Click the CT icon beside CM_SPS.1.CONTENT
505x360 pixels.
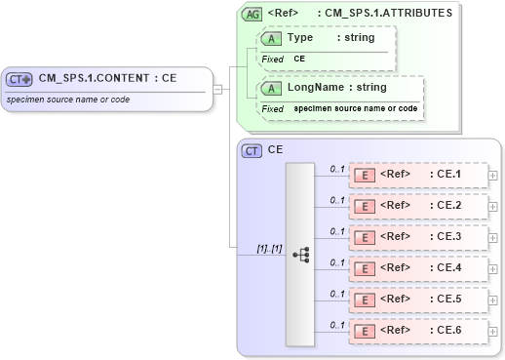19,79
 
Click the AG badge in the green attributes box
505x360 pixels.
252,14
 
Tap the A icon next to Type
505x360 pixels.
272,37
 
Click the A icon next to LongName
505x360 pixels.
272,87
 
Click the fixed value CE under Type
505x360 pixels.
300,59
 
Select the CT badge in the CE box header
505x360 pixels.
252,150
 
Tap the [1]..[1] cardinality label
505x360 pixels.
269,248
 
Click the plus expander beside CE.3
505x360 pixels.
492,237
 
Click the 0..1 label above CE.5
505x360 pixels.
337,293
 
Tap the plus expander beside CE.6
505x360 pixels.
492,331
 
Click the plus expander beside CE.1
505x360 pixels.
492,176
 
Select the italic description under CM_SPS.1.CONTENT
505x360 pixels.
66,100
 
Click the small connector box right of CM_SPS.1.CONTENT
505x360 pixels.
217,89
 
